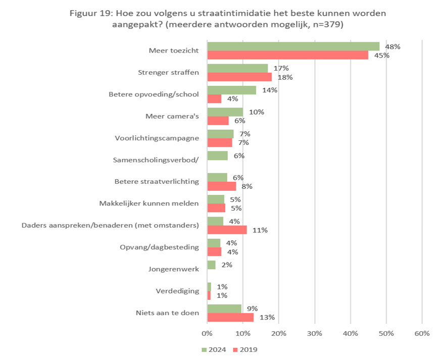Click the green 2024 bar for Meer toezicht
point(293,46)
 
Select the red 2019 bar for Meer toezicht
point(287,55)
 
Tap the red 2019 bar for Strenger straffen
point(239,77)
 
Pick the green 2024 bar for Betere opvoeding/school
point(232,90)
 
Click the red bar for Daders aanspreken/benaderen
point(227,230)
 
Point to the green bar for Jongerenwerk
point(211,265)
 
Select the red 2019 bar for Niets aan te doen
point(230,317)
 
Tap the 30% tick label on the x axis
point(315,333)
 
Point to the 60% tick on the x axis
point(422,333)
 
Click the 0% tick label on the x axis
point(207,333)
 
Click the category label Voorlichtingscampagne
point(157,138)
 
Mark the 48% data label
point(393,46)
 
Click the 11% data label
point(260,230)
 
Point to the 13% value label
point(267,318)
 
